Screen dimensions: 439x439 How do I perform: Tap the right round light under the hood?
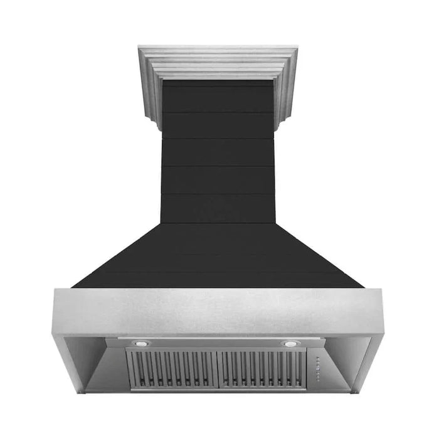tap(290, 344)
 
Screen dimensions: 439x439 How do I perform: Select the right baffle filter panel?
tap(262, 368)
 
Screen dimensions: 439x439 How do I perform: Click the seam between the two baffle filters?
tap(216, 368)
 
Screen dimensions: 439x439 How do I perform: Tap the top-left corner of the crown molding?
tap(139, 46)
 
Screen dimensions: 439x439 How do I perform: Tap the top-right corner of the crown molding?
tap(297, 46)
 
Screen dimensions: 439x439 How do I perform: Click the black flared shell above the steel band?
tap(218, 257)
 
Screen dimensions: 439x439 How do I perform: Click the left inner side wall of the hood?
tap(88, 364)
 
